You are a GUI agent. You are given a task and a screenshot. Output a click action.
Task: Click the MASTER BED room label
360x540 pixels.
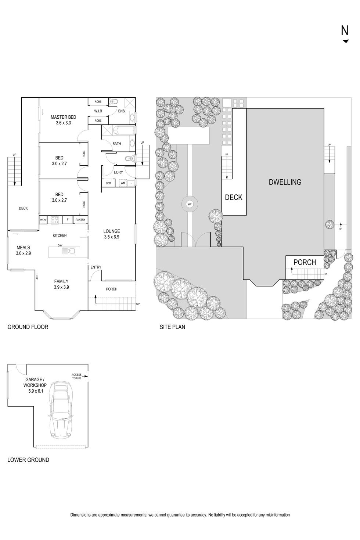(64, 117)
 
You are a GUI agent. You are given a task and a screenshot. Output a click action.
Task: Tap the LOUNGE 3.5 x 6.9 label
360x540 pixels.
(112, 234)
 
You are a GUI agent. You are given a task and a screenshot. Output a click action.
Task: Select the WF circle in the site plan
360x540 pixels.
(190, 204)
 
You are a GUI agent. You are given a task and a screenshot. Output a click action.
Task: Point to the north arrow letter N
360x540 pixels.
(345, 30)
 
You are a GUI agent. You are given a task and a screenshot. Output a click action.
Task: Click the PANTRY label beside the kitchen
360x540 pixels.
(80, 220)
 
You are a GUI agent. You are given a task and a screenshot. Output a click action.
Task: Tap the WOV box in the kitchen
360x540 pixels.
(43, 220)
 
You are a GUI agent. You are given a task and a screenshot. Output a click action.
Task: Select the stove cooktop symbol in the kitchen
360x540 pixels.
(55, 220)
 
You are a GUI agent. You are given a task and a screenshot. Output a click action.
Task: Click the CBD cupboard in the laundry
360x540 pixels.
(108, 183)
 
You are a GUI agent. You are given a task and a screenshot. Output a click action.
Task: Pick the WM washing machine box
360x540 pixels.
(123, 183)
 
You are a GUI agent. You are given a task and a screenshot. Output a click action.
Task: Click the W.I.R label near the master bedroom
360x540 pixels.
(98, 111)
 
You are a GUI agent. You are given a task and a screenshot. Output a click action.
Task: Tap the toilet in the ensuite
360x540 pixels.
(114, 102)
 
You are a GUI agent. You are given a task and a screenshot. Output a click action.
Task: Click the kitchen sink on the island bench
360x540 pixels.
(68, 251)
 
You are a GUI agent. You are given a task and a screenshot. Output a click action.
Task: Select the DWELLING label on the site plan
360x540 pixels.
(285, 182)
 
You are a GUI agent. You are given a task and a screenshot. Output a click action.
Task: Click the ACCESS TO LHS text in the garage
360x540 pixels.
(77, 376)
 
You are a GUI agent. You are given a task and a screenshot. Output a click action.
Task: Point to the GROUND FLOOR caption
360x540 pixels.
(28, 327)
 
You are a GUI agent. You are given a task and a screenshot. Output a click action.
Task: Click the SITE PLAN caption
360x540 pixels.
(172, 327)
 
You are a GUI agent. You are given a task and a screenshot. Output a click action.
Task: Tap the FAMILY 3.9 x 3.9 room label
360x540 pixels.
(61, 284)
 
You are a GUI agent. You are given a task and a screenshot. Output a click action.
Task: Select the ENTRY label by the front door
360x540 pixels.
(96, 267)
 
